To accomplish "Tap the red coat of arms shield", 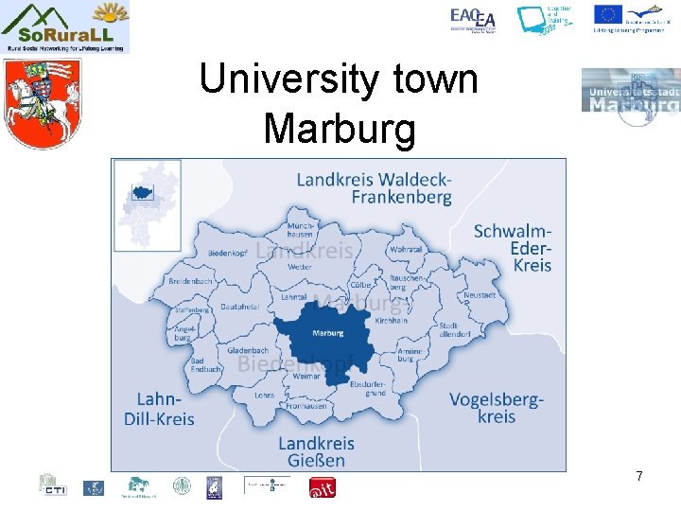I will pyautogui.click(x=39, y=103).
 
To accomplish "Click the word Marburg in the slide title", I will pyautogui.click(x=340, y=129).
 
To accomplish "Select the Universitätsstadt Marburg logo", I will pyautogui.click(x=630, y=97).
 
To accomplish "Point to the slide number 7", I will pyautogui.click(x=639, y=475).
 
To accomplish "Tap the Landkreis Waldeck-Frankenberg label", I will pyautogui.click(x=374, y=187).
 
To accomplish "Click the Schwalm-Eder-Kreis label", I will pyautogui.click(x=512, y=247).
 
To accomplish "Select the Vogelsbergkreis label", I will pyautogui.click(x=496, y=408).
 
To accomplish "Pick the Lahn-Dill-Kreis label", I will pyautogui.click(x=159, y=409).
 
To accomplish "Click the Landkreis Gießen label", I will pyautogui.click(x=316, y=451).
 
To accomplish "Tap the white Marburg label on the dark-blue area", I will pyautogui.click(x=327, y=333).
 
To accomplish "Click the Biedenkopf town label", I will pyautogui.click(x=227, y=254).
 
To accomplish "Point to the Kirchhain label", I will pyautogui.click(x=391, y=322).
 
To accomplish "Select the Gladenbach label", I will pyautogui.click(x=248, y=350).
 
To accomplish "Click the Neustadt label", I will pyautogui.click(x=480, y=295).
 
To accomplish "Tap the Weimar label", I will pyautogui.click(x=307, y=376).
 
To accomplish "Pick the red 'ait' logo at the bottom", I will pyautogui.click(x=323, y=487).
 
